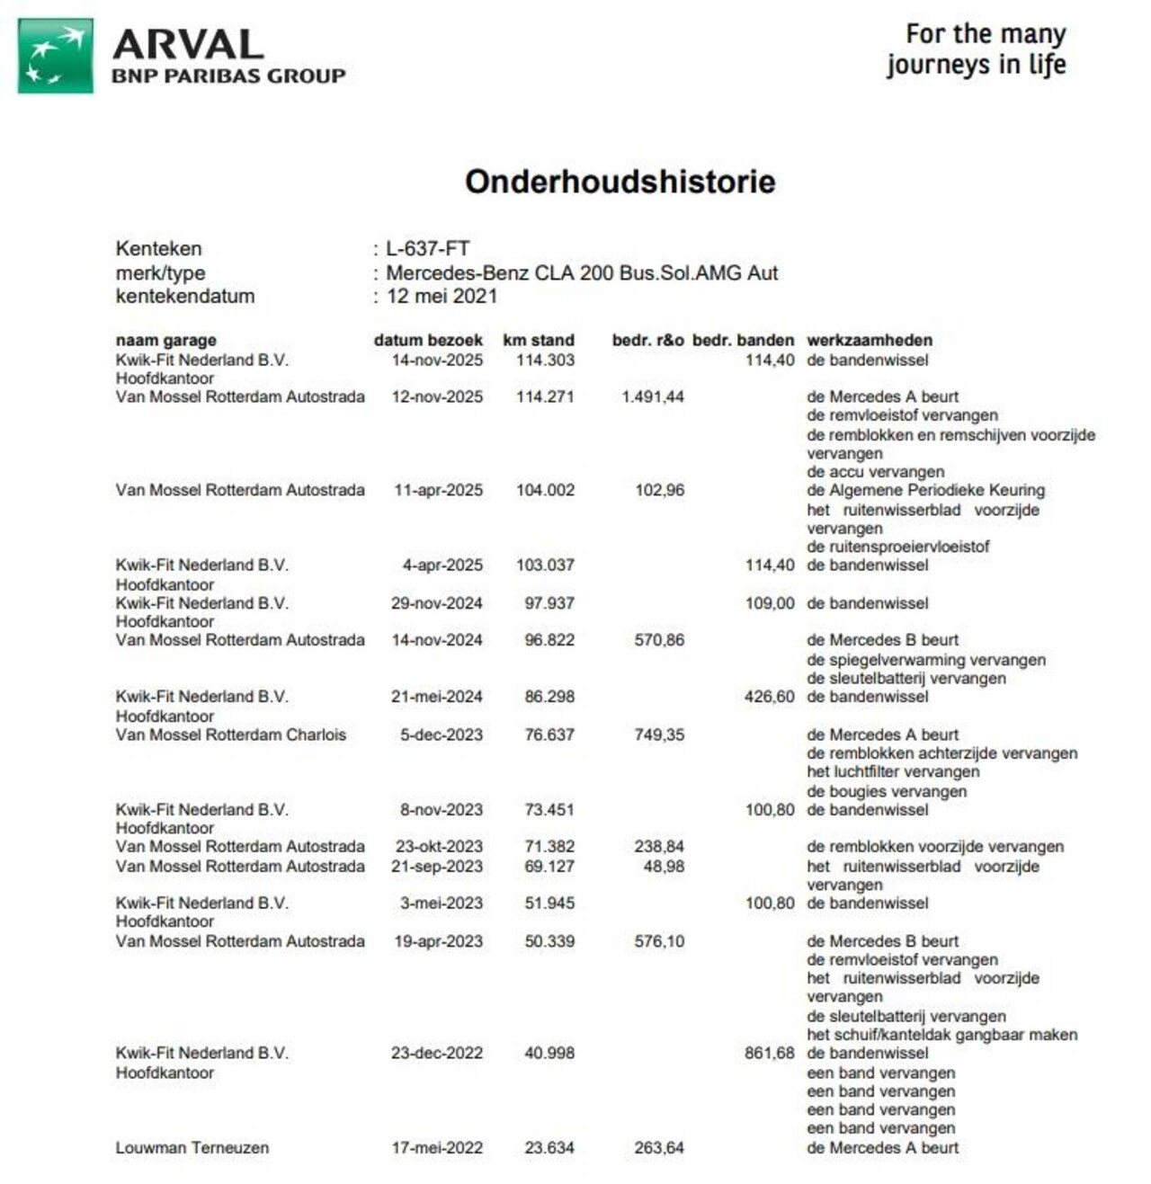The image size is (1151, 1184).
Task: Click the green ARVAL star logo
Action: click(x=56, y=56)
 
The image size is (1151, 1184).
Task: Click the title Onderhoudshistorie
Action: click(x=620, y=182)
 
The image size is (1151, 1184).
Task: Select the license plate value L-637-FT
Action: click(x=428, y=249)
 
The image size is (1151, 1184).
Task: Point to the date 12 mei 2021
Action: click(x=442, y=297)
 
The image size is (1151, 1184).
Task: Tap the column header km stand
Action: click(x=538, y=341)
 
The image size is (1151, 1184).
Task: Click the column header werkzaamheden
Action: click(x=869, y=341)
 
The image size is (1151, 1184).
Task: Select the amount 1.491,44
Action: click(x=652, y=397)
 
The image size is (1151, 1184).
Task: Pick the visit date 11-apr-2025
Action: click(x=438, y=491)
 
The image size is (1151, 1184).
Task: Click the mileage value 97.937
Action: click(x=549, y=603)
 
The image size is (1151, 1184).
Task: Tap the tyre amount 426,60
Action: click(x=769, y=697)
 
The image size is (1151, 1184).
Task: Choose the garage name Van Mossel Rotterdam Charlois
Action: click(x=230, y=734)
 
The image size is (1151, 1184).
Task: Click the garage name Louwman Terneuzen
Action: click(x=192, y=1148)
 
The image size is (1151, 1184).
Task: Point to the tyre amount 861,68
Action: click(x=769, y=1053)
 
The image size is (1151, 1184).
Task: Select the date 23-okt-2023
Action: click(x=439, y=847)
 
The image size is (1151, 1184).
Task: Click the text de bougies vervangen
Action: click(x=887, y=792)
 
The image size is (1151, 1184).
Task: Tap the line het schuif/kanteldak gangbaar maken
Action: click(x=941, y=1035)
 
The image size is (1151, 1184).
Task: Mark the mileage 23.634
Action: click(x=549, y=1148)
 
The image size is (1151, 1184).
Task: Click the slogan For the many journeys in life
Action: click(x=977, y=49)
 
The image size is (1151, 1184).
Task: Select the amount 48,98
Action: click(x=664, y=867)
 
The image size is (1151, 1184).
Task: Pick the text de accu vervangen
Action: click(x=875, y=472)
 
